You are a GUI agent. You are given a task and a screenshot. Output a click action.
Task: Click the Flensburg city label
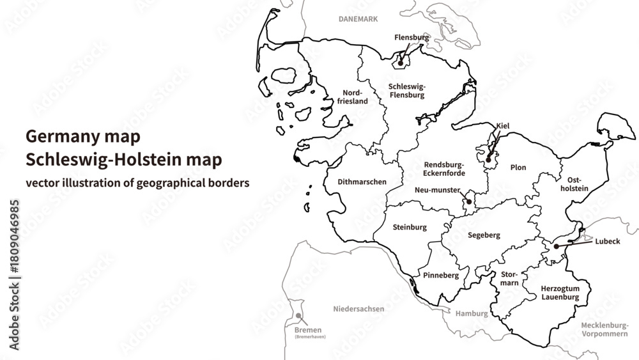click(x=412, y=38)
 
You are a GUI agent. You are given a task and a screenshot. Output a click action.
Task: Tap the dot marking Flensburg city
click(x=401, y=63)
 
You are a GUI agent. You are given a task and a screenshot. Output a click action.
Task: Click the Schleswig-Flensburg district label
click(x=406, y=90)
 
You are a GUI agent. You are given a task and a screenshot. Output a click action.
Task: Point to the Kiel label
click(x=502, y=126)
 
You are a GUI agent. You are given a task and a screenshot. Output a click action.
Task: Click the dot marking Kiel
click(x=488, y=159)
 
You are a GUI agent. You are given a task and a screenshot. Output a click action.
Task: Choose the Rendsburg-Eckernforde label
click(x=444, y=169)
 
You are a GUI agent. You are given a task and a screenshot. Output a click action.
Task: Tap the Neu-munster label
click(x=438, y=190)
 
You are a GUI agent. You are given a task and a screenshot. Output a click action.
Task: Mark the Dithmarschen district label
click(x=362, y=182)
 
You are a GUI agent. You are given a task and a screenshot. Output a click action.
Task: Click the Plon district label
click(x=518, y=168)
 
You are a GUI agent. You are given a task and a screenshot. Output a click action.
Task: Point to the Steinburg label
click(x=410, y=227)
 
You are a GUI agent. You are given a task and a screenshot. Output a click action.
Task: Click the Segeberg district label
click(x=484, y=235)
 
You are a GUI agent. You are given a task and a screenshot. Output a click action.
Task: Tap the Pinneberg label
click(x=441, y=275)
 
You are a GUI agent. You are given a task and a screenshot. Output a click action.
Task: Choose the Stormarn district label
click(x=509, y=278)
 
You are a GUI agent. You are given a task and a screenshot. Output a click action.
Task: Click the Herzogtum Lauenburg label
click(x=560, y=292)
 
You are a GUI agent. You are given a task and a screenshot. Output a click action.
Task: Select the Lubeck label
click(x=607, y=242)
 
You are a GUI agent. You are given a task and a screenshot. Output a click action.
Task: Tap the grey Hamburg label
click(x=472, y=314)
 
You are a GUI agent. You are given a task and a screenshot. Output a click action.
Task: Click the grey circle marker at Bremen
click(x=298, y=316)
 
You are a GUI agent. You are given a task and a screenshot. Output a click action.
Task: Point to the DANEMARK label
click(x=358, y=19)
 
